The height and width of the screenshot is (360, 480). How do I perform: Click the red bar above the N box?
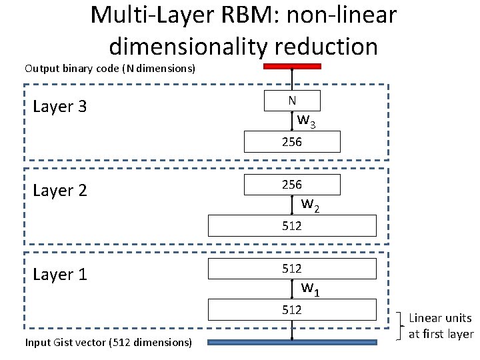(x=292, y=67)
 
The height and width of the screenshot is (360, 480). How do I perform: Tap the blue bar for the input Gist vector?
(x=292, y=343)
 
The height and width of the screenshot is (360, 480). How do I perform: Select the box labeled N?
(x=292, y=101)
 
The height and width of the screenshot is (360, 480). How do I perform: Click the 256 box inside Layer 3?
(x=292, y=142)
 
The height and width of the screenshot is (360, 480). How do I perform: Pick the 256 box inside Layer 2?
(x=292, y=185)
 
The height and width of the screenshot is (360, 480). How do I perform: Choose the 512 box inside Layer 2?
(x=292, y=226)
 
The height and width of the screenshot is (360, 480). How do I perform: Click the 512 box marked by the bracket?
(x=292, y=310)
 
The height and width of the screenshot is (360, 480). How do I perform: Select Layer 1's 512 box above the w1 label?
(x=292, y=269)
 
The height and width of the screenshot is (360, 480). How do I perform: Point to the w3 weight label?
(x=307, y=121)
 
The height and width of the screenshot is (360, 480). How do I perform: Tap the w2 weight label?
(x=310, y=205)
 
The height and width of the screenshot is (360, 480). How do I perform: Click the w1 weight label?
(x=310, y=289)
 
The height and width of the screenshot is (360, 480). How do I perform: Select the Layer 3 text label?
(x=59, y=107)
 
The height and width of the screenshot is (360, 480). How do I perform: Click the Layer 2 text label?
(x=59, y=191)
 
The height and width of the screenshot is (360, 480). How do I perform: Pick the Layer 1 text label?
(x=59, y=275)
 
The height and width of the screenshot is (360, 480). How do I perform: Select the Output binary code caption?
(x=109, y=69)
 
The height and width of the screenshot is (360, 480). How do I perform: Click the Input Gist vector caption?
(x=109, y=343)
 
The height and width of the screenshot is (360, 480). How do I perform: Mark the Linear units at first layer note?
(x=441, y=327)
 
